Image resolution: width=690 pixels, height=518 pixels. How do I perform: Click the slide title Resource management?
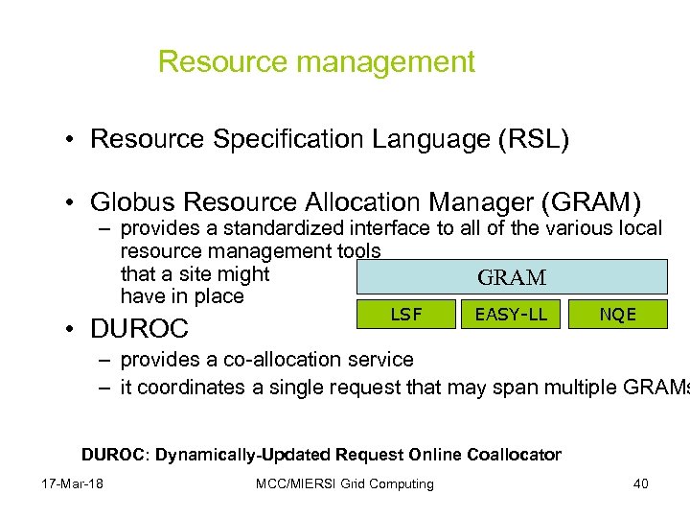pos(316,62)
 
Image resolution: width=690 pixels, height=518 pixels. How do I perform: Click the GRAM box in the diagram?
pos(512,277)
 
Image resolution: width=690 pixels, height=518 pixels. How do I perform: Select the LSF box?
pos(406,314)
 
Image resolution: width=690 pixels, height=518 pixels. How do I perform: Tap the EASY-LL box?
pos(512,314)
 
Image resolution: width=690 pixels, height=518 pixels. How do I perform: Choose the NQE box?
pos(618,314)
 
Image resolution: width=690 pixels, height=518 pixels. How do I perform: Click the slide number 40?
pos(640,483)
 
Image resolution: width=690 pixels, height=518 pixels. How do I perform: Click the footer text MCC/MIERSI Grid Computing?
pos(344,483)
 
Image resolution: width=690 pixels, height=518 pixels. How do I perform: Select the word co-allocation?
pos(292,360)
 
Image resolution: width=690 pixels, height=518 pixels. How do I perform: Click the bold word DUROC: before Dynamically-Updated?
pos(113,454)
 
